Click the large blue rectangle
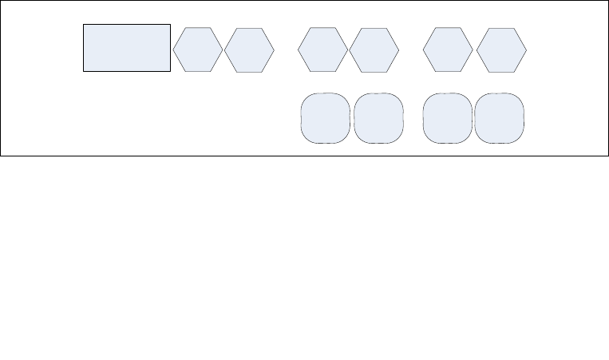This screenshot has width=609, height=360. [x=127, y=48]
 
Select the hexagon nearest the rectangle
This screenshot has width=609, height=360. [x=198, y=49]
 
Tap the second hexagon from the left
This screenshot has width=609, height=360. [x=249, y=50]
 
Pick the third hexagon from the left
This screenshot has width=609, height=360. [x=322, y=49]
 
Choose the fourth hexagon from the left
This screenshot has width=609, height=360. [x=374, y=50]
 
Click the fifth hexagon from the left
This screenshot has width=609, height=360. [x=447, y=49]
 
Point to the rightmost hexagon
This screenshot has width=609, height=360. [x=501, y=50]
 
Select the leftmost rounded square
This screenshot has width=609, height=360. [x=325, y=118]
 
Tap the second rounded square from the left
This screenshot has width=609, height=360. [x=378, y=118]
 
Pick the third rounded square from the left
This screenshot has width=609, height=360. [x=447, y=118]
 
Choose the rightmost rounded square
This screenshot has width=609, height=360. [x=500, y=118]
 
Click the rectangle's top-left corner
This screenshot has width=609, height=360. [x=84, y=24]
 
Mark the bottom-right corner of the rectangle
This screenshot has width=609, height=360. [x=171, y=72]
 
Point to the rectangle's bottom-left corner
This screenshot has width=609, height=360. [x=84, y=72]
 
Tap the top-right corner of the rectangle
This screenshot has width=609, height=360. [x=171, y=24]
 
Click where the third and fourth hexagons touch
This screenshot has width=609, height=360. [x=348, y=50]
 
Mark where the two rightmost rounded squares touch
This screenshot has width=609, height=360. [x=473, y=118]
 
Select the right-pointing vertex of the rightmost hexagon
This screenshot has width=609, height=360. [x=527, y=50]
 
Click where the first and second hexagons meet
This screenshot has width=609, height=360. [x=223, y=50]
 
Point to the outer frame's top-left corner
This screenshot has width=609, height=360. [x=1, y=1]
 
